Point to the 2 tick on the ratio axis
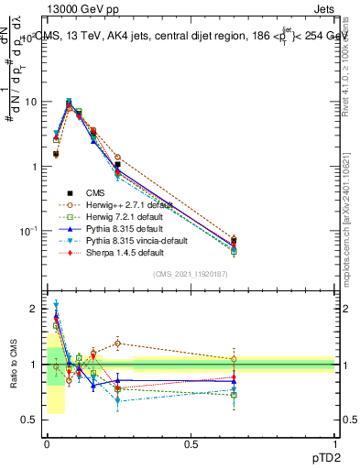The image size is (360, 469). coord(35,310)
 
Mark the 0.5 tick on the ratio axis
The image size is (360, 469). coord(30,420)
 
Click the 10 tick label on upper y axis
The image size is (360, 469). coord(30,103)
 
